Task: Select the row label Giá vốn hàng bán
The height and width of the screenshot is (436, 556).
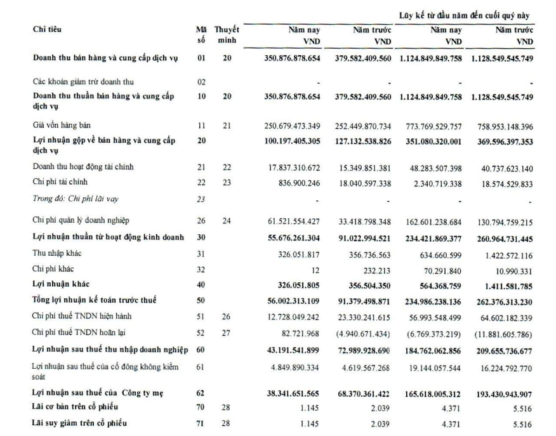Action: [x=60, y=126]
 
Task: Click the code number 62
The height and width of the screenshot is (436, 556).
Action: [x=201, y=393]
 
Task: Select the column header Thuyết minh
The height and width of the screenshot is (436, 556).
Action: [x=227, y=35]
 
